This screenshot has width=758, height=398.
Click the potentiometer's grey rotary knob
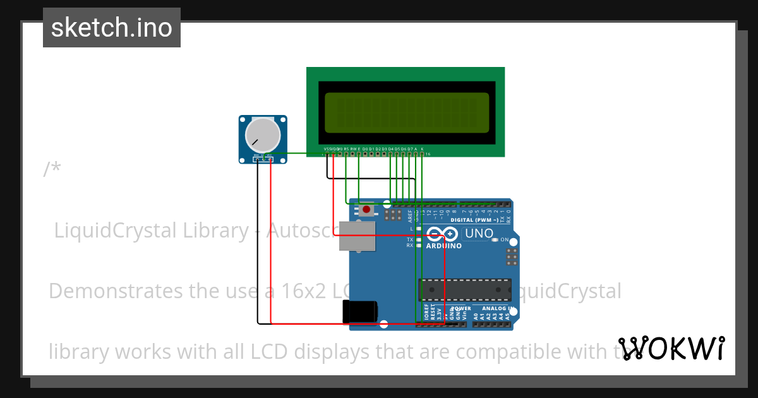[x=262, y=134]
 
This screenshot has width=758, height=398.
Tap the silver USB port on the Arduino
[x=358, y=237]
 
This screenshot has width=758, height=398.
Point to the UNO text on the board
[x=479, y=234]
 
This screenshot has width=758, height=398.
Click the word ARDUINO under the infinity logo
[x=444, y=246]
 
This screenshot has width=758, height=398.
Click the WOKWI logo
[x=671, y=348]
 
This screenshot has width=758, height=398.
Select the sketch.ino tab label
[x=112, y=28]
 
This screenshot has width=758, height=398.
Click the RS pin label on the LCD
[x=346, y=148]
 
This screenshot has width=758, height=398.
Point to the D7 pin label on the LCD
[x=410, y=148]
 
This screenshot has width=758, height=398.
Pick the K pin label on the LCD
[x=422, y=148]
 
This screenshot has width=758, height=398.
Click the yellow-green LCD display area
[x=407, y=112]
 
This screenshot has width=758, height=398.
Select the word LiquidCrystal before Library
[x=116, y=231]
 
